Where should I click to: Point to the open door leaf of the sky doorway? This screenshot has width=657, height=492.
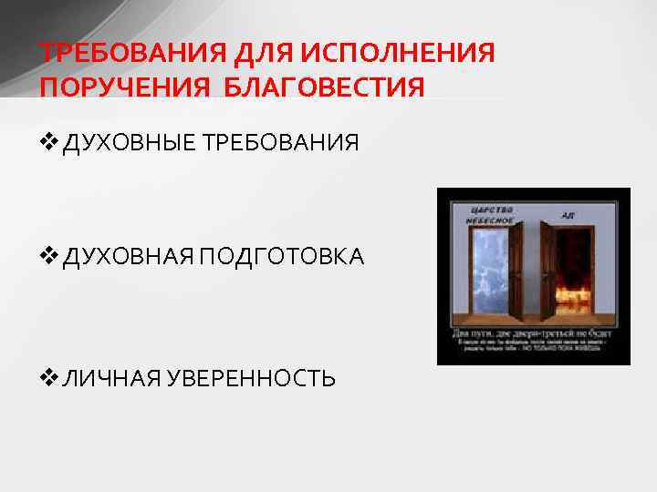pyautogui.click(x=516, y=273)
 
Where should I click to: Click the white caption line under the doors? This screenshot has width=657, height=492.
pyautogui.click(x=533, y=333)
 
